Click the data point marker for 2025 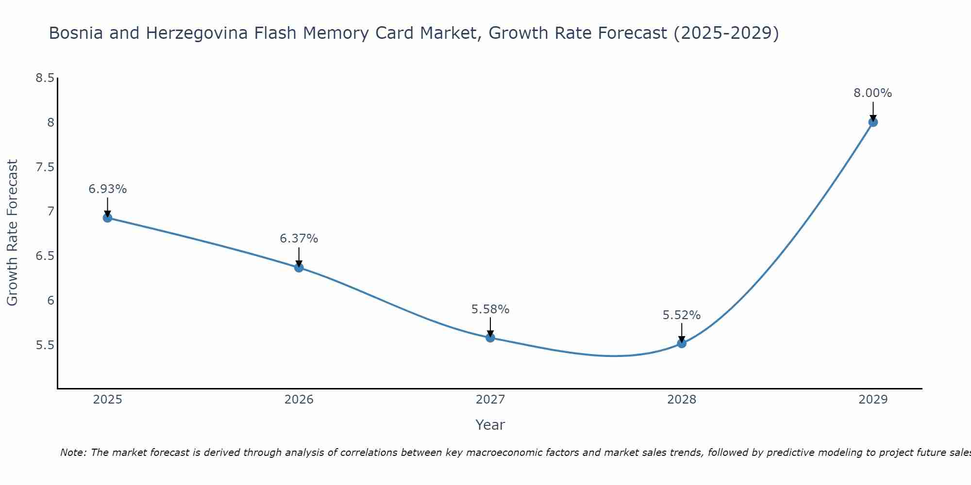click(107, 218)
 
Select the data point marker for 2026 click(299, 267)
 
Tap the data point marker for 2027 click(490, 338)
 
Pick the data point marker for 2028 click(681, 343)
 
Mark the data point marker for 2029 click(872, 122)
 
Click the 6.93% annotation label click(107, 189)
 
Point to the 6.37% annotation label click(299, 239)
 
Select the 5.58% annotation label click(490, 309)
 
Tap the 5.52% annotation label click(681, 315)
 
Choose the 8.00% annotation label click(872, 93)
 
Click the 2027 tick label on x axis click(490, 400)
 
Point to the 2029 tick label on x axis click(872, 400)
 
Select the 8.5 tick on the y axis click(45, 78)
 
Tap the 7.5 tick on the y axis click(45, 167)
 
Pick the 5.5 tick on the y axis click(45, 345)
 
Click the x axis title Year click(490, 425)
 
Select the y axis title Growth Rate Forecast click(12, 233)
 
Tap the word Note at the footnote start click(73, 453)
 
